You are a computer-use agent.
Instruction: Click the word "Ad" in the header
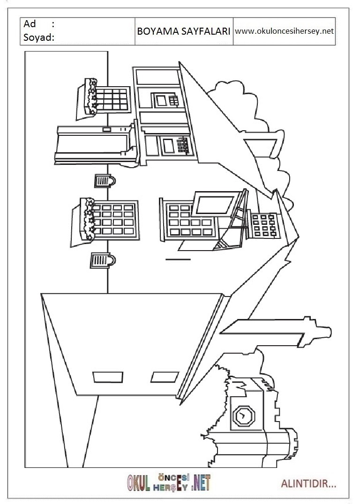30,24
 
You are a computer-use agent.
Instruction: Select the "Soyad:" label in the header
39,37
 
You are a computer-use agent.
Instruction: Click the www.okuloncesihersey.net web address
285,31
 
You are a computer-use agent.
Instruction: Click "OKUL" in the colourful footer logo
139,483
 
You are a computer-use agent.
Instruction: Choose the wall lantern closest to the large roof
103,260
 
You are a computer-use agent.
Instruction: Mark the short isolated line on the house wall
178,259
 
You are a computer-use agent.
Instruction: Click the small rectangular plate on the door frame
106,130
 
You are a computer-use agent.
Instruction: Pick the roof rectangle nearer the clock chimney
165,377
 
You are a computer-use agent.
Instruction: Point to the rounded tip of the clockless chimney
330,333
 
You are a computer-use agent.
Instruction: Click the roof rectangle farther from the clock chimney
108,378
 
